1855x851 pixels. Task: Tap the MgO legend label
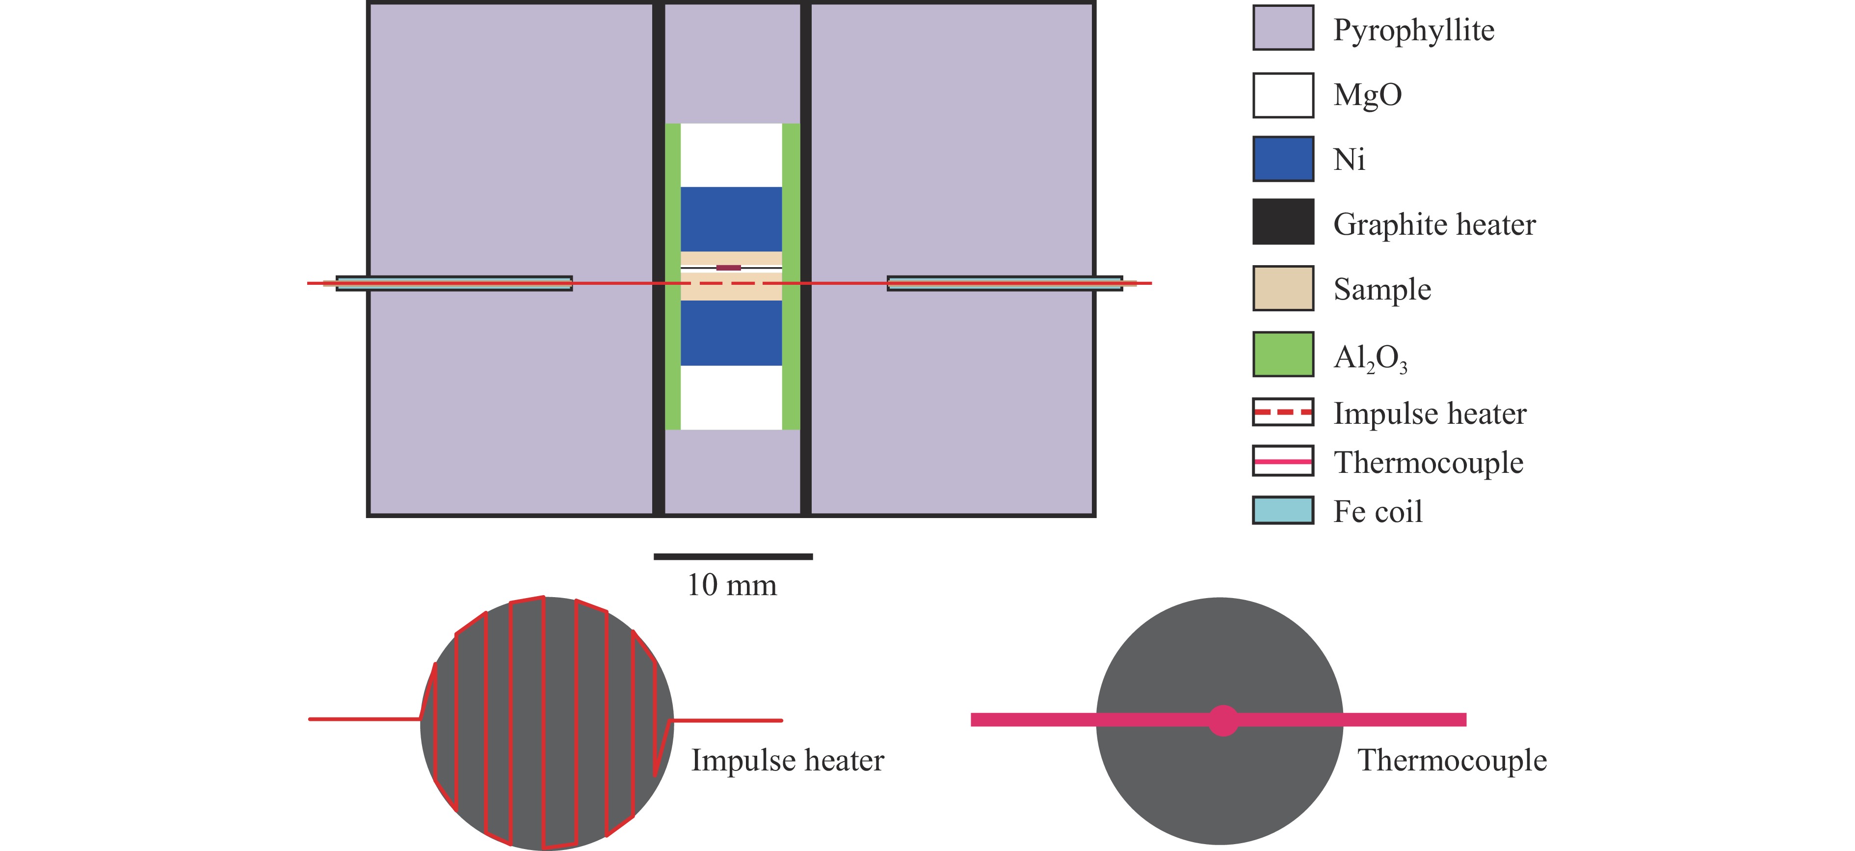coord(1367,94)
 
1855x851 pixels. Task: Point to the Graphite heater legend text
coord(1434,224)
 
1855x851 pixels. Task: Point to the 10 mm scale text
coord(732,585)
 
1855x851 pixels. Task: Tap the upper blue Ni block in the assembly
coord(731,219)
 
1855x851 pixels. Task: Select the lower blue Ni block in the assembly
coord(731,333)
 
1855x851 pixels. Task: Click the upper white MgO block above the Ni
coord(731,155)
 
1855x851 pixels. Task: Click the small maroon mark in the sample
coord(728,267)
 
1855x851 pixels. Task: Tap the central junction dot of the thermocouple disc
coord(1223,720)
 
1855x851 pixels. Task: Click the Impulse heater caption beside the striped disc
coord(787,760)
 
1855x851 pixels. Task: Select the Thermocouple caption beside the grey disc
coord(1452,760)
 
